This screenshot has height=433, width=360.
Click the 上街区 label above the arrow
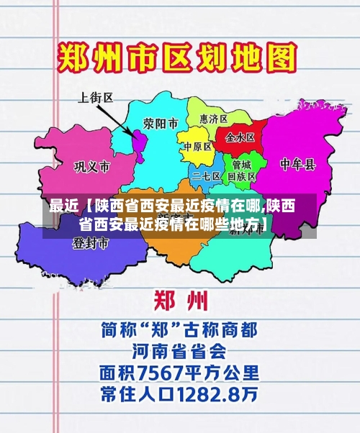[x=96, y=97]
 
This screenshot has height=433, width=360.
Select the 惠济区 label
[x=213, y=119]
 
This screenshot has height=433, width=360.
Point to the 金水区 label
[x=240, y=137]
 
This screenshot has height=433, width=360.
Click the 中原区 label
[x=197, y=146]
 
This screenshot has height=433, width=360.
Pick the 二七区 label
[x=207, y=175]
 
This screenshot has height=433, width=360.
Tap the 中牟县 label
[x=297, y=165]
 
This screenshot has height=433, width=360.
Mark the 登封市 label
[x=90, y=244]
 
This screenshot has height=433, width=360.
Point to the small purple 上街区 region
[x=138, y=140]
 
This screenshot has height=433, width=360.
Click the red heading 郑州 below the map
[x=180, y=300]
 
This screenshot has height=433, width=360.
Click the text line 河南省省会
[x=179, y=351]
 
